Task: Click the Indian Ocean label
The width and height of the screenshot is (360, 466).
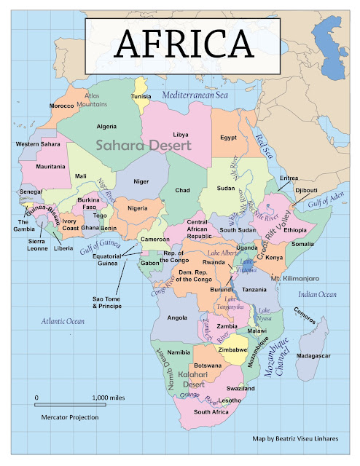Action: pos(317,294)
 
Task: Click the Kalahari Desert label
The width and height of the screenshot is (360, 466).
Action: pos(192,379)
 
